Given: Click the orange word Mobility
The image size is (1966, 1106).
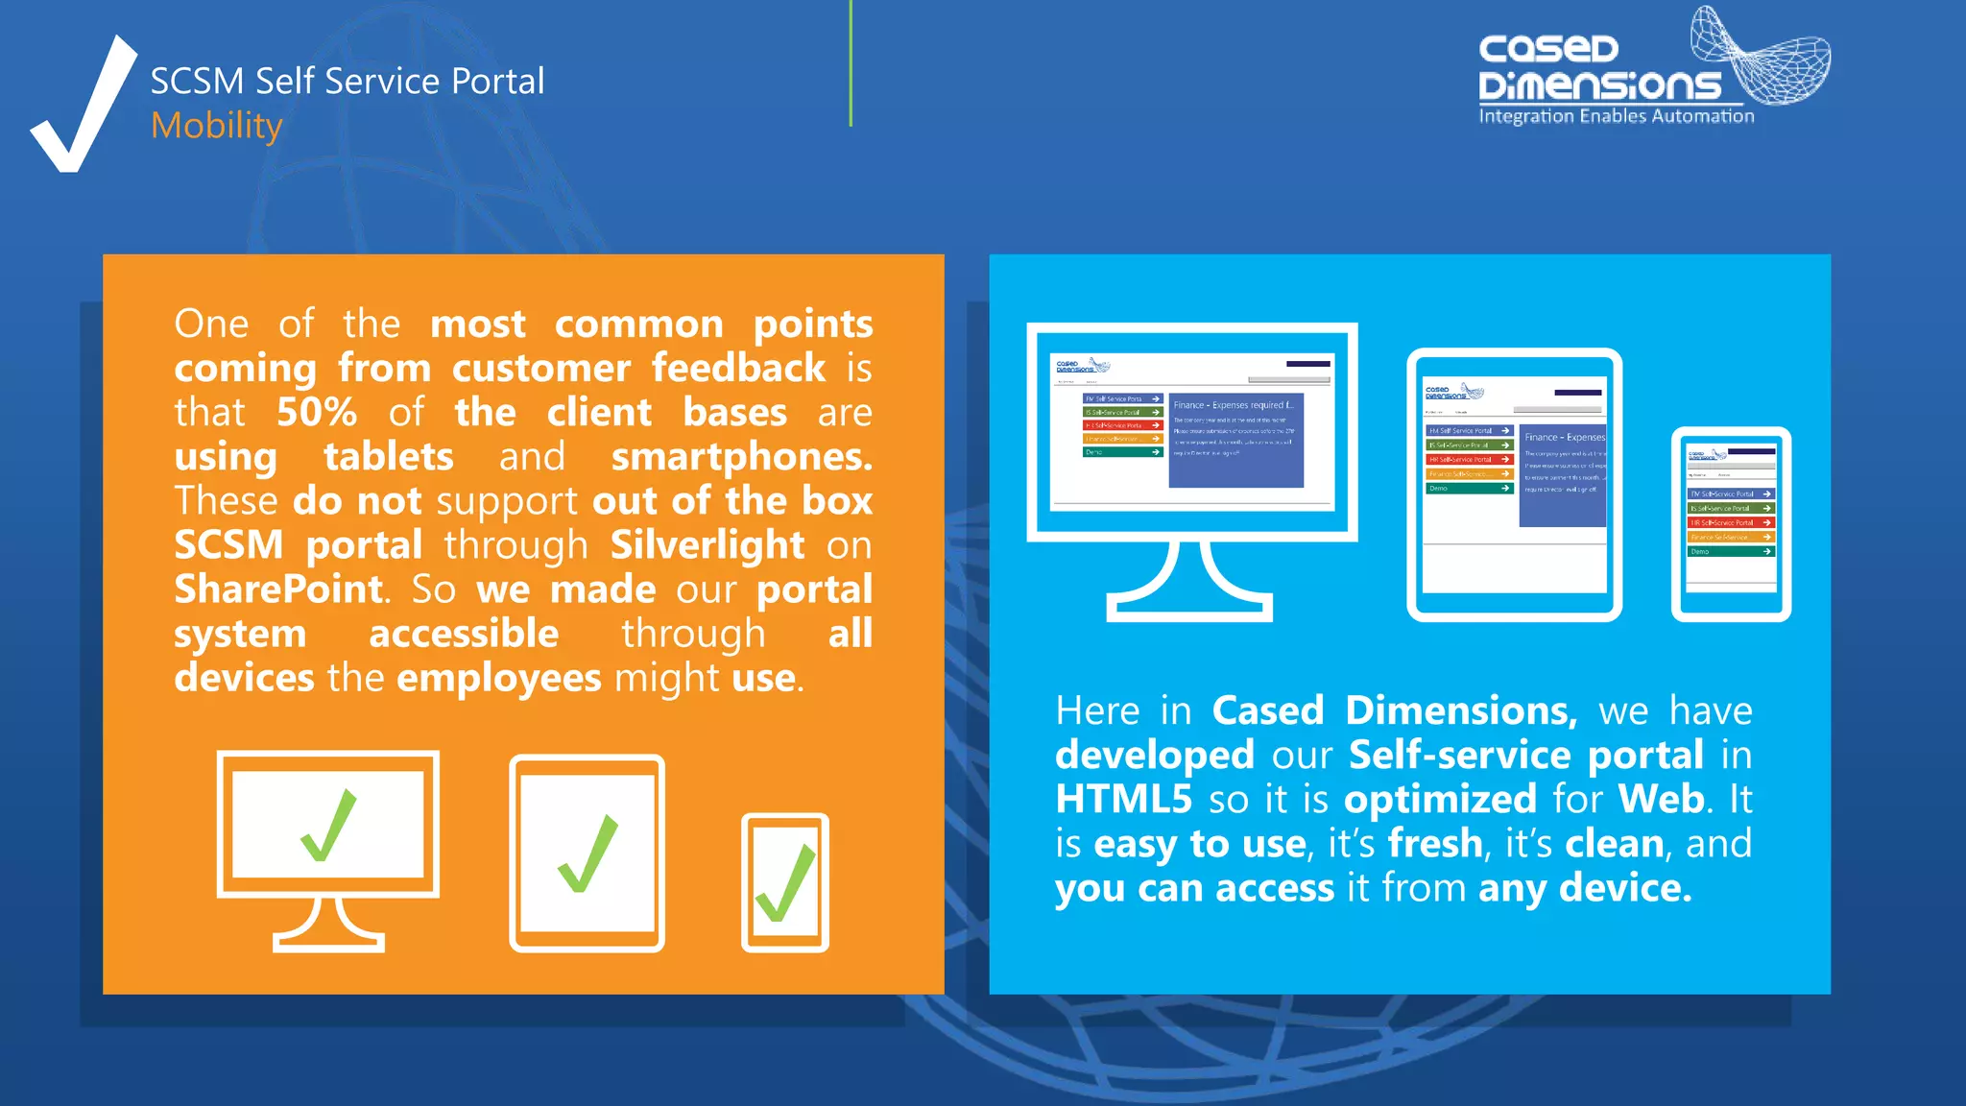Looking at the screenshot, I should [x=216, y=126].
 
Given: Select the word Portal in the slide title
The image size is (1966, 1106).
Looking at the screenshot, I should [x=497, y=82].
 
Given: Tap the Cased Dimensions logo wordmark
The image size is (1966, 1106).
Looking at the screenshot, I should [x=1598, y=67].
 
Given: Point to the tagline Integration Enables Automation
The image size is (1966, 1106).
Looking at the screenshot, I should [x=1616, y=116].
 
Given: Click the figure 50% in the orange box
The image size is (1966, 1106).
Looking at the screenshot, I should [x=317, y=412].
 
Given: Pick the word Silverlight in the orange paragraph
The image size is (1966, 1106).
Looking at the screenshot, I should [x=707, y=544].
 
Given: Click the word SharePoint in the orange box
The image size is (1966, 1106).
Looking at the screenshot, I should [x=278, y=589].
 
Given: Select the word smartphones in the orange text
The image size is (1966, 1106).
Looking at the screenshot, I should [x=741, y=456].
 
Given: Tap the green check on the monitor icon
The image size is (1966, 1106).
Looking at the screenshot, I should [x=328, y=827].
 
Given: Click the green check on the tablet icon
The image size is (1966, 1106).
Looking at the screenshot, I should [x=587, y=854].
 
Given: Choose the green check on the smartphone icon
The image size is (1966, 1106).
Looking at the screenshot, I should [x=785, y=883].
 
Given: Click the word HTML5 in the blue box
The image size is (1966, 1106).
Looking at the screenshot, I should [x=1123, y=799].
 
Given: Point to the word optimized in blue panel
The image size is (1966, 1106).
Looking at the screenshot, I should [x=1440, y=799].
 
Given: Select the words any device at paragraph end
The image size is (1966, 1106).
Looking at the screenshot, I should [x=1584, y=888].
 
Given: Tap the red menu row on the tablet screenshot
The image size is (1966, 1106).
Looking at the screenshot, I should [x=1469, y=460].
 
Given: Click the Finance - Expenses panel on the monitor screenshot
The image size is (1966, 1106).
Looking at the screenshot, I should [x=1235, y=440].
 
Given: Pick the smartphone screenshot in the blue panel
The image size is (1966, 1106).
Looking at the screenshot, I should [x=1731, y=524].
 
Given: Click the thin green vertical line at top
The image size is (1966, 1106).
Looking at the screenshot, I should [x=851, y=63].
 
